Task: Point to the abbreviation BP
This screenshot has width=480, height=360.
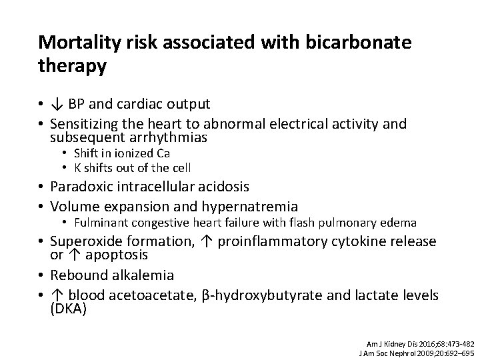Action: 77,104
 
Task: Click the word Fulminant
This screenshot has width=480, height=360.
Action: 100,222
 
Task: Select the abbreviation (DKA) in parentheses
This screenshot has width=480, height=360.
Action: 69,309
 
